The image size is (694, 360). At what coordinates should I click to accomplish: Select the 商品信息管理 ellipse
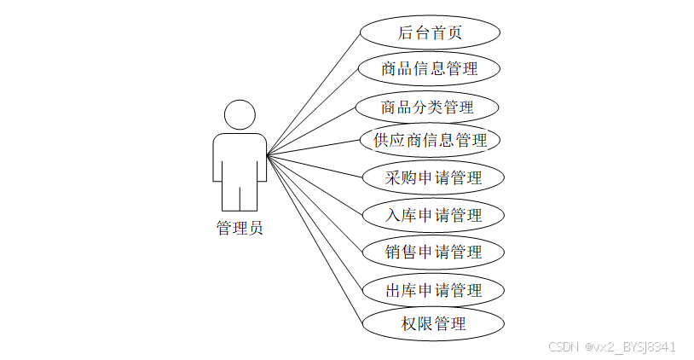pos(429,69)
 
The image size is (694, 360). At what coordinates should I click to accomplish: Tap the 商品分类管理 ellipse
pos(427,107)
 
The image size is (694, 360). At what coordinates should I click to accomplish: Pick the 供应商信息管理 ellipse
pos(430,140)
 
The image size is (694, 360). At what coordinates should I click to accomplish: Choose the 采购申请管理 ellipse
pos(433,177)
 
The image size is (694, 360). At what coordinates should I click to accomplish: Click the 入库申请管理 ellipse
pos(433,215)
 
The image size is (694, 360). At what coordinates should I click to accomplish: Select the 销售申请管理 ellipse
pos(433,252)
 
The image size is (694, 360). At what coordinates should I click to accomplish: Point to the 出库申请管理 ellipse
pos(433,290)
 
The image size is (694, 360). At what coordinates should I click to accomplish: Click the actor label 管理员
pos(240,228)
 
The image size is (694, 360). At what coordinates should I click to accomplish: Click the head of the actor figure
pos(240,115)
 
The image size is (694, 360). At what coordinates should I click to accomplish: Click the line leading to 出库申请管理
pos(315,222)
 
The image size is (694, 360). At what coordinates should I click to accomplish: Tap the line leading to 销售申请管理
pos(315,203)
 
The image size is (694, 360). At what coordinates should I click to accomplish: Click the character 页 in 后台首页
pos(461,33)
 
